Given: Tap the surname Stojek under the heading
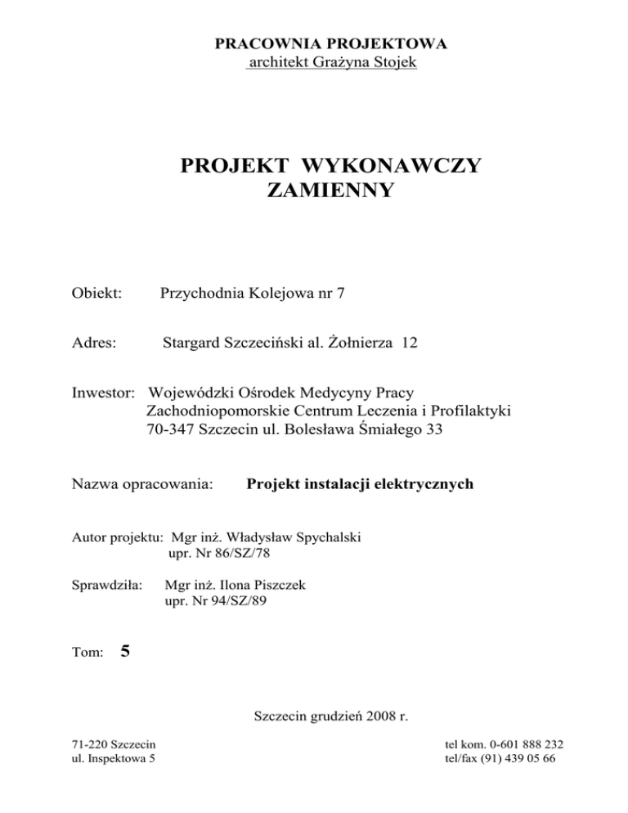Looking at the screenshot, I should [395, 62].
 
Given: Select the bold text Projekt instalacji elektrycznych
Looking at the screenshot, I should [360, 485].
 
